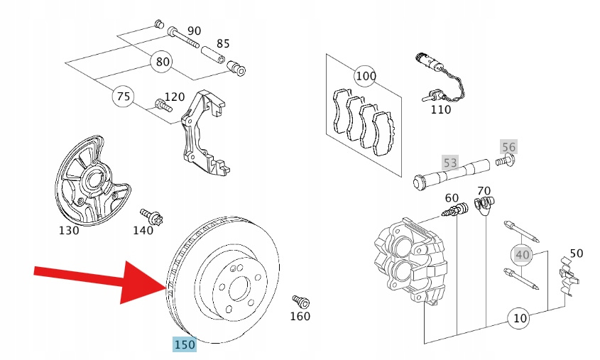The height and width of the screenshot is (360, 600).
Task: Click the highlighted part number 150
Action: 185,345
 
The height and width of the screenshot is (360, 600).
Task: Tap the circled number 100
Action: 366,75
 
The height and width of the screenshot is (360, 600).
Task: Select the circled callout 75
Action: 124,97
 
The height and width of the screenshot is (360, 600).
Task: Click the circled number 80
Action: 163,61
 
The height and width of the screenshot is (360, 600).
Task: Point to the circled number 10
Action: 520,318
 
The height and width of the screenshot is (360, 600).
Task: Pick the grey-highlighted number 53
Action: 450,163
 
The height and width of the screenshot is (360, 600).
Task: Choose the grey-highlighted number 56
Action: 508,147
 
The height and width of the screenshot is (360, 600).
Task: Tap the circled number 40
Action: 523,254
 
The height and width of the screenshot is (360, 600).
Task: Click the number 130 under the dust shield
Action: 70,231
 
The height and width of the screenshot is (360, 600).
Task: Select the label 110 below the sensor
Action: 440,110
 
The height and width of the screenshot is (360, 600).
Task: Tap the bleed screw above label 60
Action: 454,209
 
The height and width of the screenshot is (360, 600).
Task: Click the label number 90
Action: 194,31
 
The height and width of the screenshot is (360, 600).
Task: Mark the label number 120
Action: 174,97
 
